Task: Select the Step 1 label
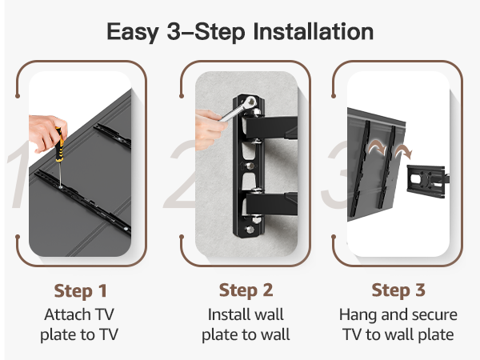[81, 291]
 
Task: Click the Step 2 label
[246, 290]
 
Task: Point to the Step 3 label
[398, 290]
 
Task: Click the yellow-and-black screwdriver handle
[60, 145]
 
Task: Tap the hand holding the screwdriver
[46, 132]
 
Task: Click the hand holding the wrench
[210, 130]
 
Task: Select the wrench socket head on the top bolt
[250, 102]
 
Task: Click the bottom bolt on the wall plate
[250, 230]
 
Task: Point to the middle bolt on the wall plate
[250, 166]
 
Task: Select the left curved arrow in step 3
[377, 148]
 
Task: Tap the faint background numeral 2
[182, 174]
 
